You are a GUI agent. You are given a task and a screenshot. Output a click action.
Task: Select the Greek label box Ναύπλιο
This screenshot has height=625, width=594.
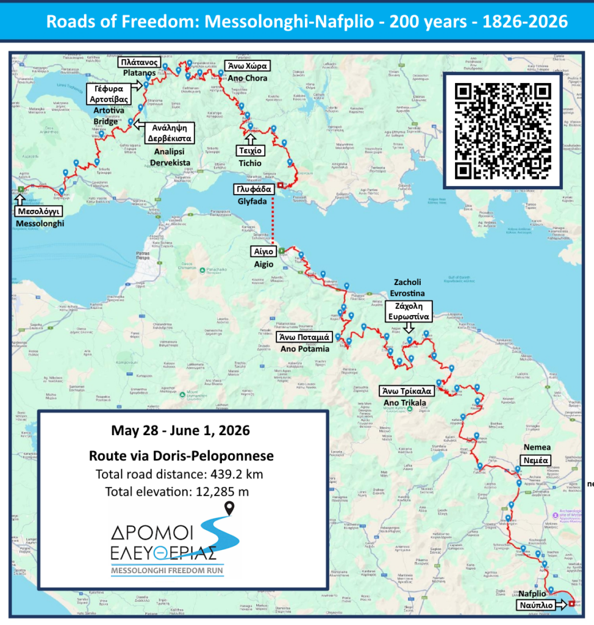click(x=536, y=605)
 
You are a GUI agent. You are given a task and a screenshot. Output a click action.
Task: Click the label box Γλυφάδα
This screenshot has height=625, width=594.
click(x=254, y=189)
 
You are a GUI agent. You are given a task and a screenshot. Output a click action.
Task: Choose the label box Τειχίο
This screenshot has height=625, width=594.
click(x=251, y=150)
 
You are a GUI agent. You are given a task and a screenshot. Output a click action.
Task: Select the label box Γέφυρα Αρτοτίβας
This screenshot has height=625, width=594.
click(x=109, y=94)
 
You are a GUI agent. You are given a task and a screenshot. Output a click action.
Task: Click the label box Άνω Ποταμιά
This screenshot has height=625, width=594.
click(x=303, y=336)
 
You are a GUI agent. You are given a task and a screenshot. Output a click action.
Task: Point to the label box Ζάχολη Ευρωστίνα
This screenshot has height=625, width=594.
click(x=409, y=311)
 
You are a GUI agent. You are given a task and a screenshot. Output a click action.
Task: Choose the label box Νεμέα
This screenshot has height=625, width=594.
click(x=535, y=460)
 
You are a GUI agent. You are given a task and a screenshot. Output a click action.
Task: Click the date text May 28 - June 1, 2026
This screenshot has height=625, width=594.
click(x=181, y=430)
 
